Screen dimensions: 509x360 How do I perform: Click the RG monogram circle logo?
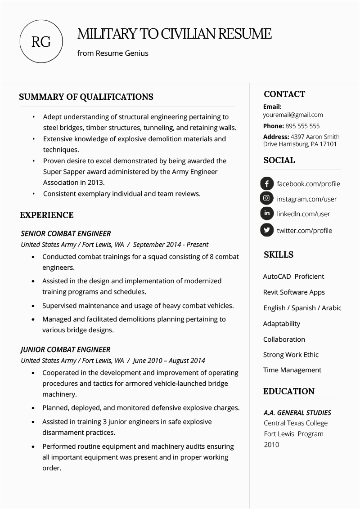click(x=41, y=42)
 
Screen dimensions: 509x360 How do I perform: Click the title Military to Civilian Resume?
click(x=174, y=34)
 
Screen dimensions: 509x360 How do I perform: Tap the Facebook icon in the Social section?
click(x=267, y=183)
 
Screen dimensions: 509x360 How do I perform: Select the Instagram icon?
click(x=267, y=198)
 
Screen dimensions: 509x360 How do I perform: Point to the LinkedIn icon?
click(x=267, y=214)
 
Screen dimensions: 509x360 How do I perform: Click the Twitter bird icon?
click(x=267, y=230)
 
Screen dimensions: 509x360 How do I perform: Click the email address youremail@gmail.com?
click(x=292, y=115)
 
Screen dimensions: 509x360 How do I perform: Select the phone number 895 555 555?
click(x=302, y=126)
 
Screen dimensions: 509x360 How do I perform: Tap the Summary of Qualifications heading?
click(x=86, y=97)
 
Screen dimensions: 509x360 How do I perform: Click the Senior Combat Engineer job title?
click(x=66, y=233)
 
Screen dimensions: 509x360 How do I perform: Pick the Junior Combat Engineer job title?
click(x=66, y=349)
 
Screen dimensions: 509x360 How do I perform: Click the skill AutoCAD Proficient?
click(x=293, y=277)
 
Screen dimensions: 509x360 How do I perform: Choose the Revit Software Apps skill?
click(x=294, y=292)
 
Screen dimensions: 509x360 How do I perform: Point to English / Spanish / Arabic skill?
click(x=302, y=308)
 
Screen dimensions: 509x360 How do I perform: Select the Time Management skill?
click(x=292, y=370)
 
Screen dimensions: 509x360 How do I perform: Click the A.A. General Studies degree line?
click(x=297, y=412)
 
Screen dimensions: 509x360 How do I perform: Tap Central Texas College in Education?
click(x=295, y=423)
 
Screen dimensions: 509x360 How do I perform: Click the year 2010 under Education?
click(x=271, y=445)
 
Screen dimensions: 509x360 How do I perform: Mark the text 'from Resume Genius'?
click(x=112, y=53)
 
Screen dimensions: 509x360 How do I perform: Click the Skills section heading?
click(x=278, y=255)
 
